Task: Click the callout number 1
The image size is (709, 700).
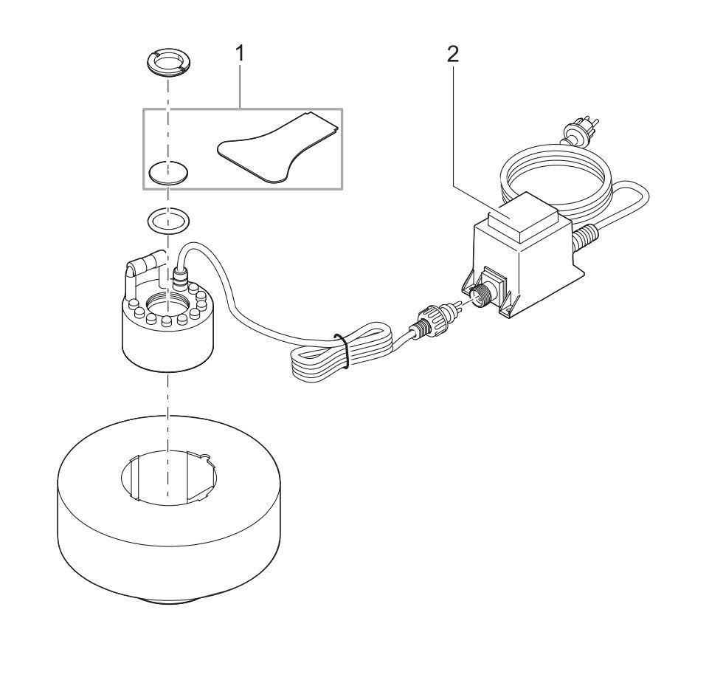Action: point(239,53)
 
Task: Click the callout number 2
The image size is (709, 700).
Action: point(452,53)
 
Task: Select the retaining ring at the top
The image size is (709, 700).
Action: point(167,63)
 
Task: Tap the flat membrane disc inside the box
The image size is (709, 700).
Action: point(168,174)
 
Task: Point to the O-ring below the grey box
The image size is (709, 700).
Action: point(168,219)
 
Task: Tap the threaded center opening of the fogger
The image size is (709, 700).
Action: point(168,302)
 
